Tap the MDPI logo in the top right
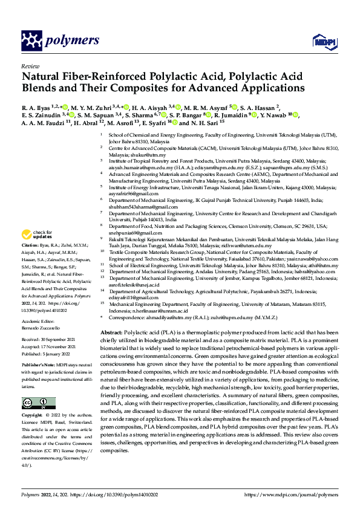(321, 41)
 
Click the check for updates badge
(37, 234)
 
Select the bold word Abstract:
(111, 333)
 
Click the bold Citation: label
(31, 247)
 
